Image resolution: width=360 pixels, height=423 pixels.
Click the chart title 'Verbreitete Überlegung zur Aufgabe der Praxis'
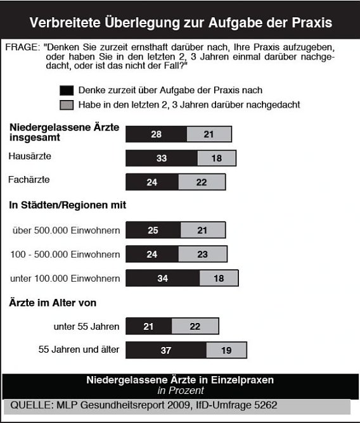point(180,23)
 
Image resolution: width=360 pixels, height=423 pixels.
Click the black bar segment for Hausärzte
point(162,158)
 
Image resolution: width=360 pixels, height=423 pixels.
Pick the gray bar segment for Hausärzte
point(217,158)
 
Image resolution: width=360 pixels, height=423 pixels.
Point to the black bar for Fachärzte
point(152,182)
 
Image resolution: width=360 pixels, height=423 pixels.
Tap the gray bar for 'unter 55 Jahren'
point(195,326)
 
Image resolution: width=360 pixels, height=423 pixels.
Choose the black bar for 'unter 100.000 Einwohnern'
point(163,278)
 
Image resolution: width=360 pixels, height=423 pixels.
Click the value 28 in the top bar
point(156,134)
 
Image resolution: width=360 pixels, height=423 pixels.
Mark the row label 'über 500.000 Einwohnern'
point(66,230)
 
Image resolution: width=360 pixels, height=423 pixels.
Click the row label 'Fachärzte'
point(29,180)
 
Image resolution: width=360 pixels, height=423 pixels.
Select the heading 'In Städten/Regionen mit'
point(67,205)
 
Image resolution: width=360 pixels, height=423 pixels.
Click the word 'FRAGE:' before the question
point(22,47)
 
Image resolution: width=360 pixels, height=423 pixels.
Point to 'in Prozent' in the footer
point(179,391)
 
